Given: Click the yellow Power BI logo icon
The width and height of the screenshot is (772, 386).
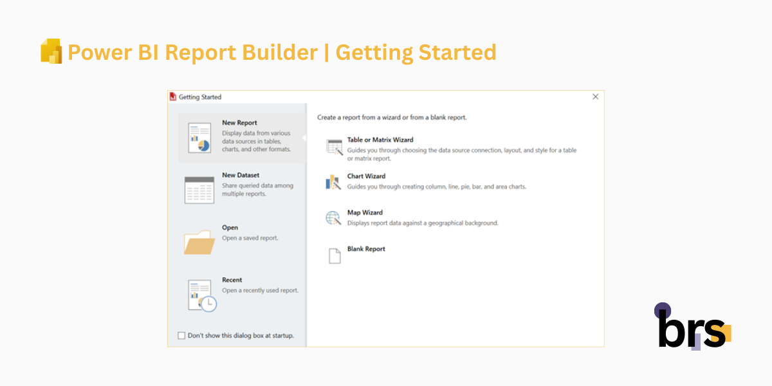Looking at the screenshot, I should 51,51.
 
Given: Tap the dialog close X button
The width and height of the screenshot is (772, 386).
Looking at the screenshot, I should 595,96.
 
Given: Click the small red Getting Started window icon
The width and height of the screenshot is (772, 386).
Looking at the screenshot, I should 172,97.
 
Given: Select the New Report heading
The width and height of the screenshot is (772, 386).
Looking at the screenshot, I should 239,123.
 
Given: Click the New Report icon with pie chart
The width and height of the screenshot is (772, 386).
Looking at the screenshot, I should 199,138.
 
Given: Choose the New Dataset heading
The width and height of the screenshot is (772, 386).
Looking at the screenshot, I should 241,175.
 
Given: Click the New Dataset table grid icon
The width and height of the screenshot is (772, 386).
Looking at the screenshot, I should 199,190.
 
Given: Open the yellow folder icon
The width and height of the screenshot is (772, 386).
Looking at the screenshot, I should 199,242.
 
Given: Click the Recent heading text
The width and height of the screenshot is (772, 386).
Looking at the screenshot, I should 232,280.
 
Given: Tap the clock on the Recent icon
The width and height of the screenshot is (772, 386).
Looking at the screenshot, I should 208,304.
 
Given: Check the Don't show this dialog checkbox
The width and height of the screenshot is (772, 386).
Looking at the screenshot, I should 181,335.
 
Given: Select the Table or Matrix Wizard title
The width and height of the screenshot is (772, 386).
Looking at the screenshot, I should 380,140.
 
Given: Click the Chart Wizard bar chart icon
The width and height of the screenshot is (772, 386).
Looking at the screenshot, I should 333,182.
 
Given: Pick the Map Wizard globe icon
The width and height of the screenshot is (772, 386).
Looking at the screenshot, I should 333,218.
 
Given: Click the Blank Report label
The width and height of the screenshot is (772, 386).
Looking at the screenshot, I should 366,249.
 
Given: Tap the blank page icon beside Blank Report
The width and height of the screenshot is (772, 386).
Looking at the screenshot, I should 334,256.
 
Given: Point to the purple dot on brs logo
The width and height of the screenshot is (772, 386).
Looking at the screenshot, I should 663,311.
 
